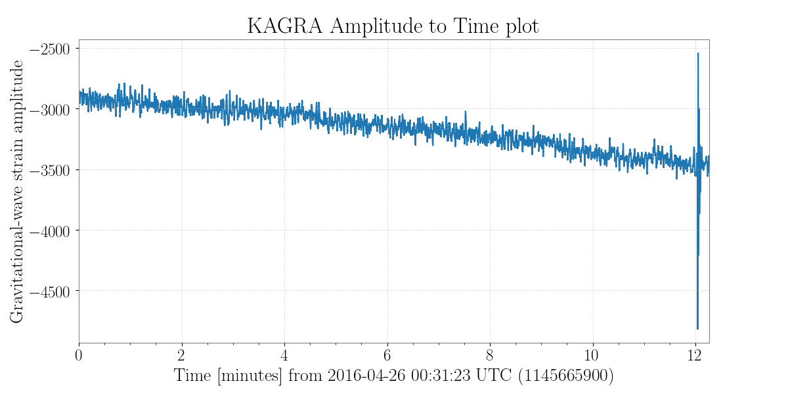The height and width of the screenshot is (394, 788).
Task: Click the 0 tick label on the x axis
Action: pos(79,355)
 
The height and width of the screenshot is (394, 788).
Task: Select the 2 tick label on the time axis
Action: pos(182,355)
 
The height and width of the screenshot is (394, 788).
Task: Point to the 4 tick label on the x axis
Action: pos(284,355)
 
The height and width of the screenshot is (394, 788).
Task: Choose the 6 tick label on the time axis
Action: pos(387,355)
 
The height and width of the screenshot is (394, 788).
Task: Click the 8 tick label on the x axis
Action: pos(490,355)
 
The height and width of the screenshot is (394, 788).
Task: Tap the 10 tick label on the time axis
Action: pos(593,355)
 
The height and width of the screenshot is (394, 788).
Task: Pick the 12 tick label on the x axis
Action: pos(695,355)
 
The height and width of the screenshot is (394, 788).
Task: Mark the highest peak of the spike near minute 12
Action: pos(698,54)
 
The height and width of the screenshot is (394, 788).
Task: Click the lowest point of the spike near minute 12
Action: pos(697,328)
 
